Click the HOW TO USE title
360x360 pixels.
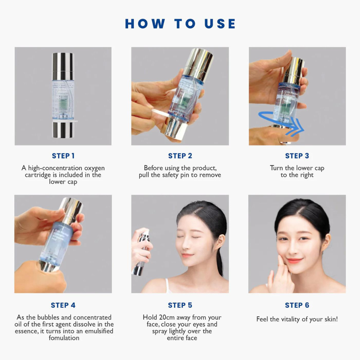pos(180,24)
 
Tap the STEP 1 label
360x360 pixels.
pos(63,156)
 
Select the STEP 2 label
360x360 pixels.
pos(180,156)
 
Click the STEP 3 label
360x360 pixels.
pos(297,156)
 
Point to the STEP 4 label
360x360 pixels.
pos(63,305)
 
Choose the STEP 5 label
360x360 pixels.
pos(180,305)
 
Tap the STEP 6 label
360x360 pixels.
pos(297,305)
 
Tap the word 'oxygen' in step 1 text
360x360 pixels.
pos(94,168)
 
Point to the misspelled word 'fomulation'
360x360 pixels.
pos(64,338)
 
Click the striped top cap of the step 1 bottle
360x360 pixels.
pos(63,62)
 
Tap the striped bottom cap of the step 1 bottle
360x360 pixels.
pos(63,130)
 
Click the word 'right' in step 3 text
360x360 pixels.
pos(306,175)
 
